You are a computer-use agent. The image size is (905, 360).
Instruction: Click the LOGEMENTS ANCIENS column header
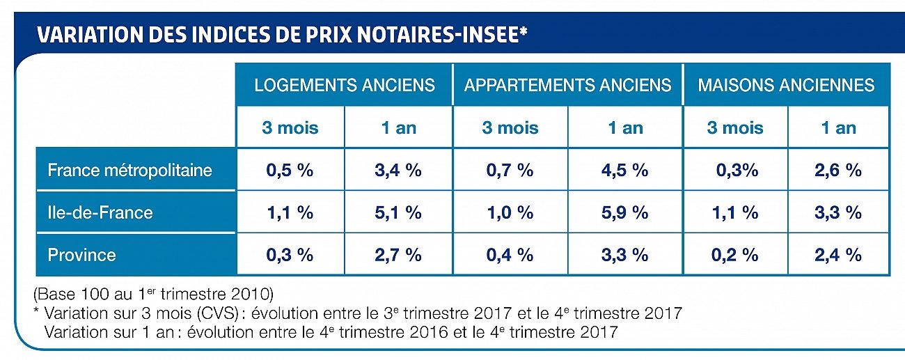pyautogui.click(x=345, y=85)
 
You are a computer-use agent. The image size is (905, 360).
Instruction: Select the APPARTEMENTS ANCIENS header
pyautogui.click(x=567, y=85)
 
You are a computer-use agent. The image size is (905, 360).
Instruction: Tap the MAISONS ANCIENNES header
pyautogui.click(x=786, y=85)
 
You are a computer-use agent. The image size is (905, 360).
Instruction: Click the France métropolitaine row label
pyautogui.click(x=130, y=170)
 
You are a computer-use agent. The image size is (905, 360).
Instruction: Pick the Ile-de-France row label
pyautogui.click(x=100, y=212)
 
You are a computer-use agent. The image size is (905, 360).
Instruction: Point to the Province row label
pyautogui.click(x=82, y=255)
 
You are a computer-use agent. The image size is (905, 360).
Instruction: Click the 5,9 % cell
pyautogui.click(x=624, y=212)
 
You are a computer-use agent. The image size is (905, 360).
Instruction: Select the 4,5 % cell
pyautogui.click(x=624, y=170)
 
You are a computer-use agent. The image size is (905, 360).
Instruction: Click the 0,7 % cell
pyautogui.click(x=510, y=170)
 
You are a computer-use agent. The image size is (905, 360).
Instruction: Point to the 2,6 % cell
pyautogui.click(x=837, y=170)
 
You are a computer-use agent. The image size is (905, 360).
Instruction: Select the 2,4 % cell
pyautogui.click(x=837, y=255)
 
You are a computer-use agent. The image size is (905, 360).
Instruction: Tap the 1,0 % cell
pyautogui.click(x=510, y=212)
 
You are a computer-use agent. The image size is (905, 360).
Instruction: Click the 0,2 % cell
pyautogui.click(x=734, y=255)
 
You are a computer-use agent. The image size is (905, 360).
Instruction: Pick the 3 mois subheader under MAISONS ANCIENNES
pyautogui.click(x=734, y=128)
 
